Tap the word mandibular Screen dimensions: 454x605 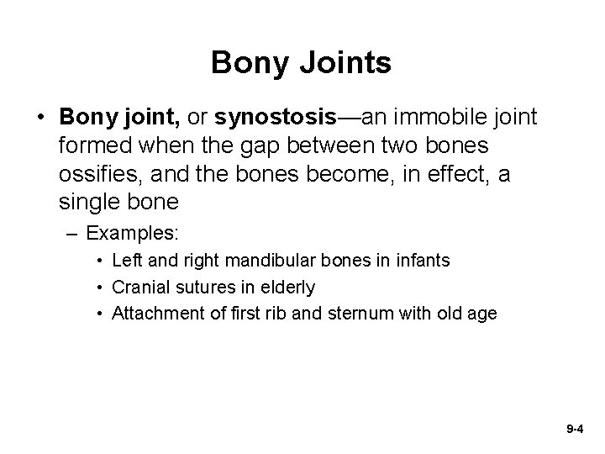pos(271,261)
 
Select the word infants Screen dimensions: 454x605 pos(423,261)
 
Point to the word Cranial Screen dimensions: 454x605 pos(139,288)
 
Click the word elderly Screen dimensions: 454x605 pos(287,288)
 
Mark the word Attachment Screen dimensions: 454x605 pos(155,314)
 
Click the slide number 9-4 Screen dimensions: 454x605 pos(575,429)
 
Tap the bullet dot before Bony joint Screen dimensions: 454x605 pos(41,115)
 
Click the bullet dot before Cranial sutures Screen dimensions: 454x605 pos(100,288)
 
